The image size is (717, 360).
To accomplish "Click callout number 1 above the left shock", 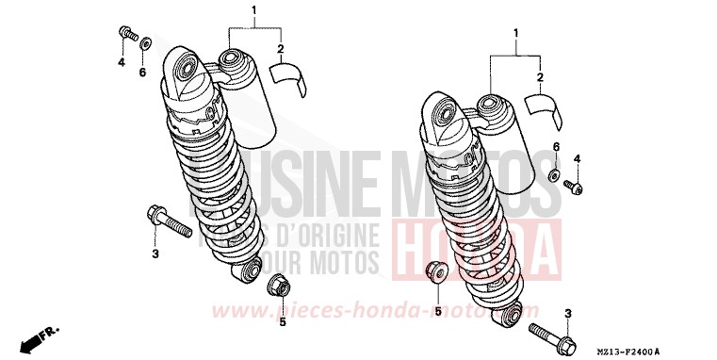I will (x=227, y=10).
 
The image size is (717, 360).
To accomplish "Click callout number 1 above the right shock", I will (x=513, y=35).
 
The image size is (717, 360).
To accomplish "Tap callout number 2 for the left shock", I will (x=280, y=47).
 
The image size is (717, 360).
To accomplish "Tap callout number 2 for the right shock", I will (x=539, y=76).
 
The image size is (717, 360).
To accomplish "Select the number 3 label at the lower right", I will (x=567, y=313).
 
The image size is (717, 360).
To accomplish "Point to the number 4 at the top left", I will (x=122, y=62).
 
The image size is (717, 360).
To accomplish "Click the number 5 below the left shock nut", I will (x=282, y=322).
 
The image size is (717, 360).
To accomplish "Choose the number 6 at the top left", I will (x=142, y=72).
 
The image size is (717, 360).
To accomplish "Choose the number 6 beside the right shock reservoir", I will (x=556, y=148).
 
